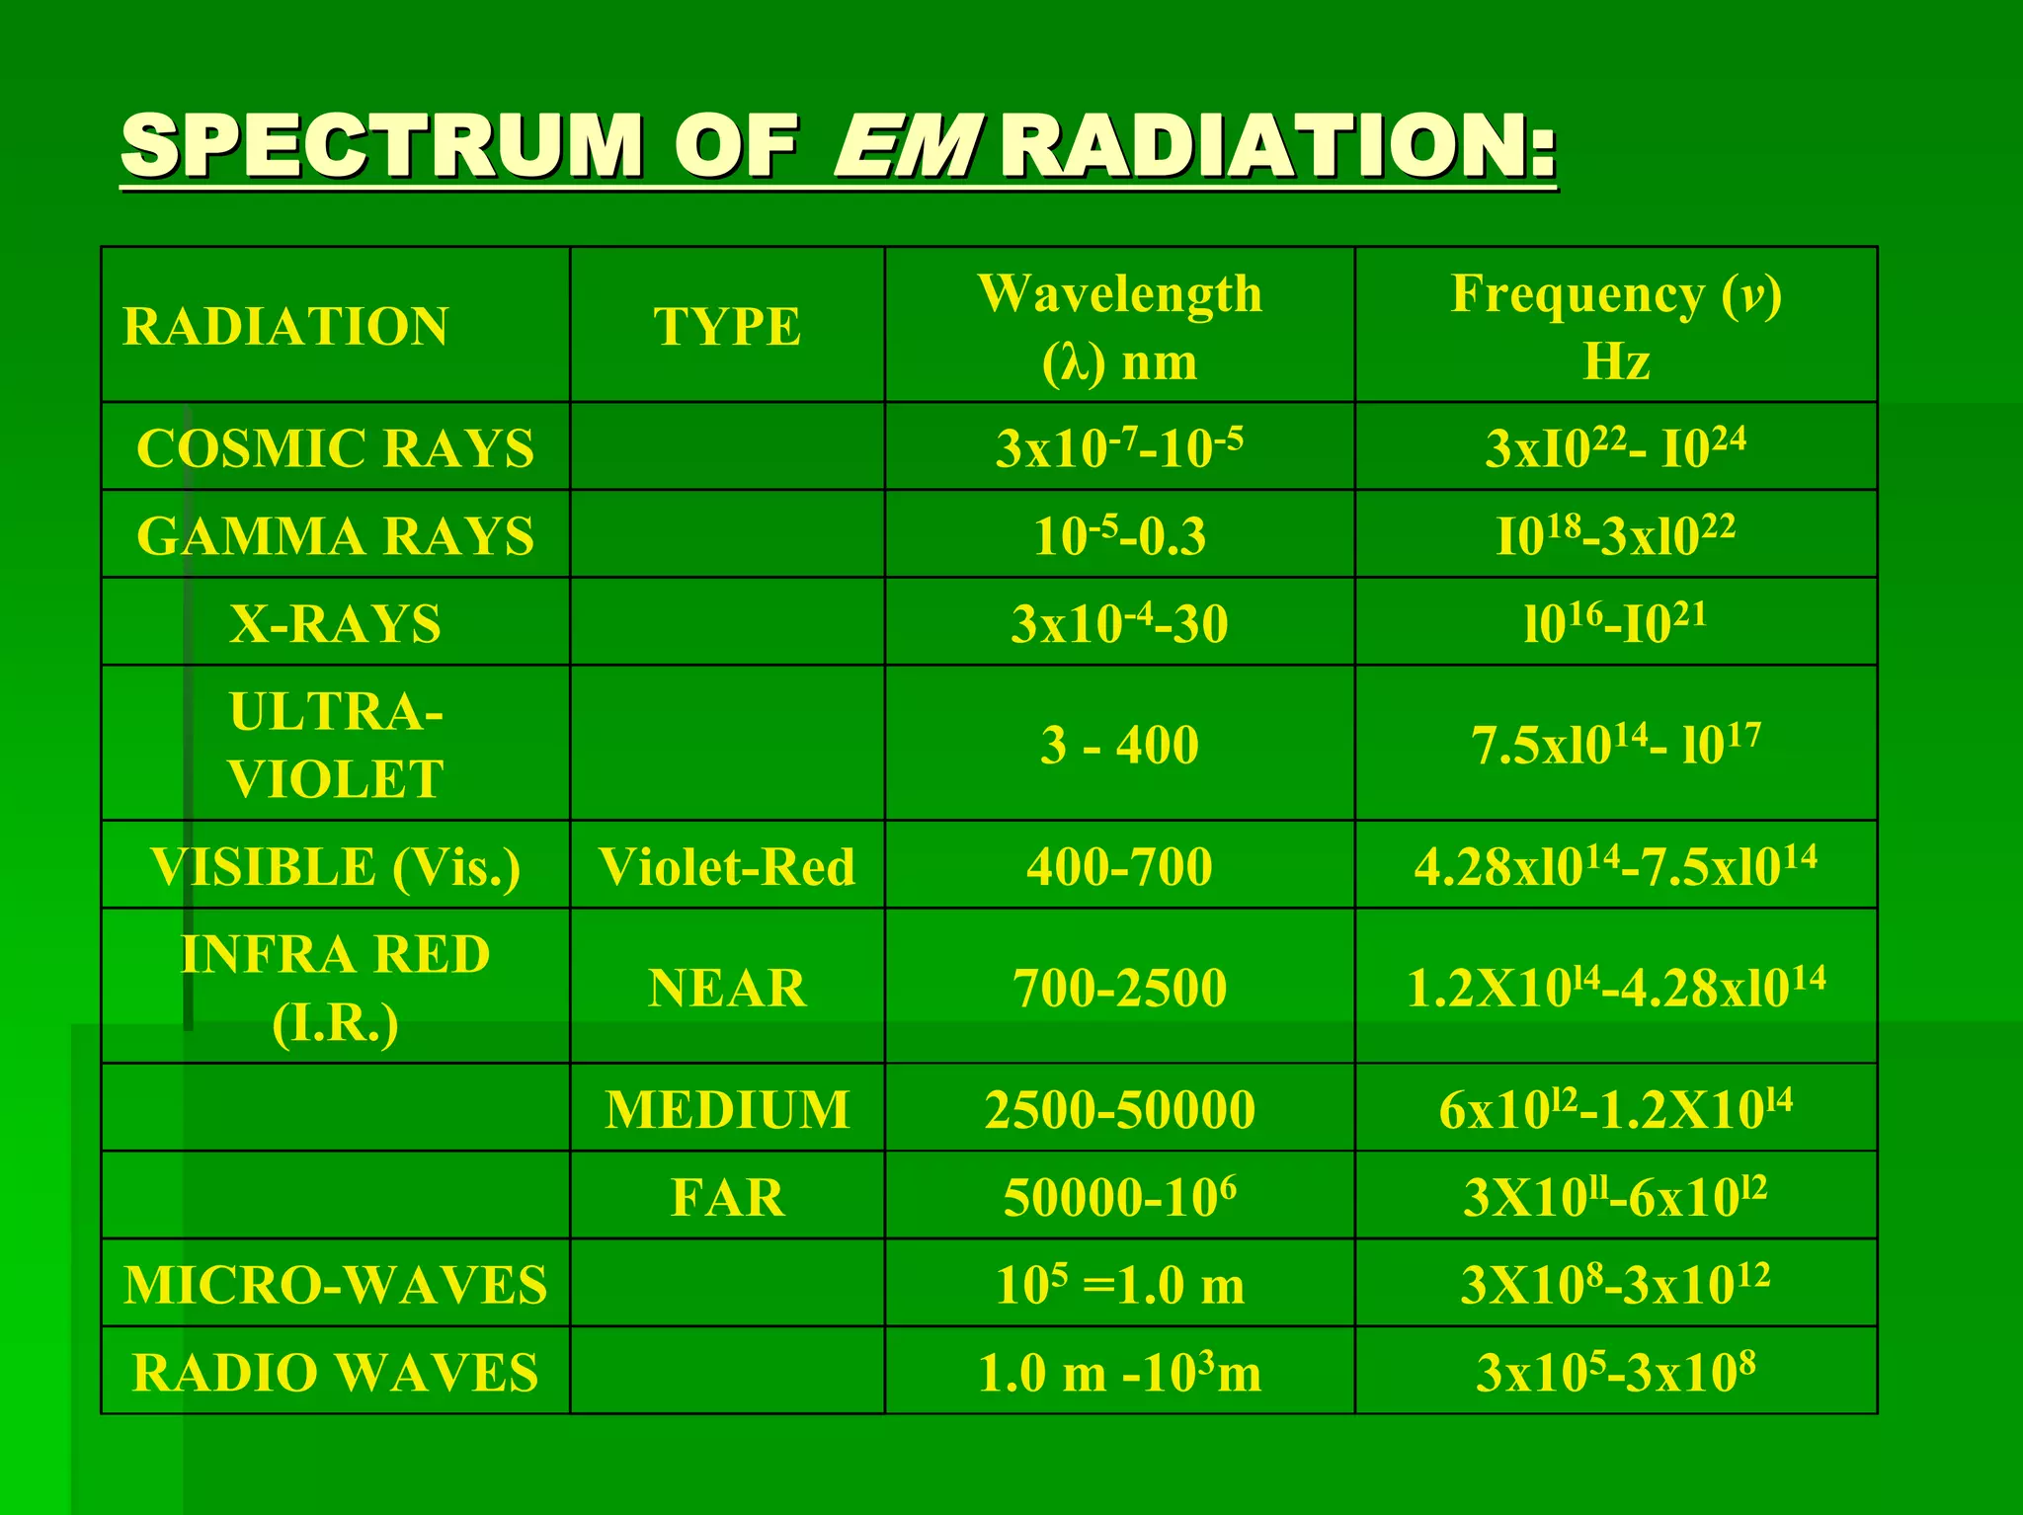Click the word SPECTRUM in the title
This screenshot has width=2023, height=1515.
tap(381, 146)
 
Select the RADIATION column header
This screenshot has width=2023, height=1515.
tap(285, 327)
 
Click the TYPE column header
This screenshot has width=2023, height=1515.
tap(727, 327)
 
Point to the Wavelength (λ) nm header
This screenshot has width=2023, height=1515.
tap(1119, 327)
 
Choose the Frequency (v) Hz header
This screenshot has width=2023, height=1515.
tap(1616, 327)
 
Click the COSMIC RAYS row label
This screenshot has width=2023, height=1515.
tap(335, 448)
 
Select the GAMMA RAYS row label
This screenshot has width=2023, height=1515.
tap(335, 536)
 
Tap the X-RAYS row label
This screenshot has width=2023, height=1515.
tap(335, 624)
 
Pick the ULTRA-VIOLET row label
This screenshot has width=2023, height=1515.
tap(335, 745)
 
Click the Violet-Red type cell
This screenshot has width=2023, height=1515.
tap(727, 867)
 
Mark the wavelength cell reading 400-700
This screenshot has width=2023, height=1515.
tap(1119, 867)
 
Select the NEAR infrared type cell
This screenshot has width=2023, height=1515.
tap(727, 988)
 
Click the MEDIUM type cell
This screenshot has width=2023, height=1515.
tap(727, 1109)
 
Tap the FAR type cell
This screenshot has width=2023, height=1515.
tap(727, 1197)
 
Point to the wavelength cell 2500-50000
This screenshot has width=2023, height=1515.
tap(1119, 1109)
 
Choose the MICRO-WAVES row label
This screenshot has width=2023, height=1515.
tap(335, 1285)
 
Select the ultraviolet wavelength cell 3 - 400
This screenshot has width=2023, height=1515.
tap(1119, 745)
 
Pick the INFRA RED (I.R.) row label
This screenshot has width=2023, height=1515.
tap(335, 988)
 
